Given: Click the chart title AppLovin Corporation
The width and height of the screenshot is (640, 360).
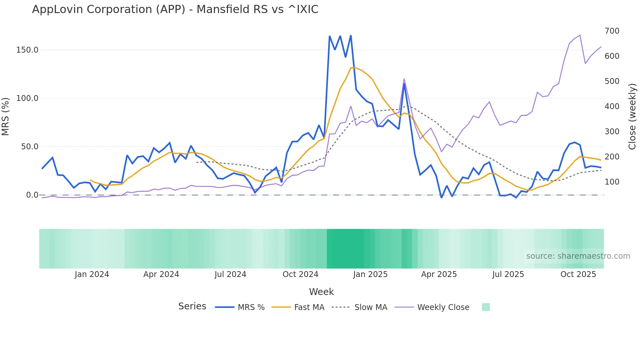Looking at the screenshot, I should pyautogui.click(x=175, y=9).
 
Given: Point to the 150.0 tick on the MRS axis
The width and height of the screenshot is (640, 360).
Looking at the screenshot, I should pyautogui.click(x=27, y=50).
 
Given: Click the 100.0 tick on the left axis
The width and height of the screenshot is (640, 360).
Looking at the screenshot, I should pyautogui.click(x=27, y=98).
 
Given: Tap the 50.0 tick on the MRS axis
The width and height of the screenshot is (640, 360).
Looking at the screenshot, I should pyautogui.click(x=30, y=147).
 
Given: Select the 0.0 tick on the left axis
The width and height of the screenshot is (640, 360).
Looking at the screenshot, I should pyautogui.click(x=32, y=195).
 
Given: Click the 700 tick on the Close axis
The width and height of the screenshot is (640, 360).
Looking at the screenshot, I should pyautogui.click(x=612, y=31).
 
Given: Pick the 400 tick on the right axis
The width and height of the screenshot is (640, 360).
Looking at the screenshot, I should pyautogui.click(x=612, y=106).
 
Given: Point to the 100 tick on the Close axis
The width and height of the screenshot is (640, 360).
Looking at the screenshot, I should pyautogui.click(x=612, y=182).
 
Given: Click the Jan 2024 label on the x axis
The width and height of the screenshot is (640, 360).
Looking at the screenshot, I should pyautogui.click(x=92, y=274).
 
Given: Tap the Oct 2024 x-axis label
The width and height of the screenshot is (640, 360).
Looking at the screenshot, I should pyautogui.click(x=300, y=274).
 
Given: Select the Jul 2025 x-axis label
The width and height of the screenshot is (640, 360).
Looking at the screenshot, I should pyautogui.click(x=508, y=274).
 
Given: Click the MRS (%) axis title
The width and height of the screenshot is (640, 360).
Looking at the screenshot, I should pyautogui.click(x=5, y=116).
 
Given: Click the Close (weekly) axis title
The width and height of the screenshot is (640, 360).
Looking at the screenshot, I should pyautogui.click(x=632, y=116).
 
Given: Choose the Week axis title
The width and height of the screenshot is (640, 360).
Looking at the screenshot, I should pyautogui.click(x=321, y=292).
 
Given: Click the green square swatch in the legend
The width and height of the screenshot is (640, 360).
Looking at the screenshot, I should pyautogui.click(x=486, y=307).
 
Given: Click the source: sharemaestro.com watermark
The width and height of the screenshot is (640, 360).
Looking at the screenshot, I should pyautogui.click(x=578, y=256).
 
